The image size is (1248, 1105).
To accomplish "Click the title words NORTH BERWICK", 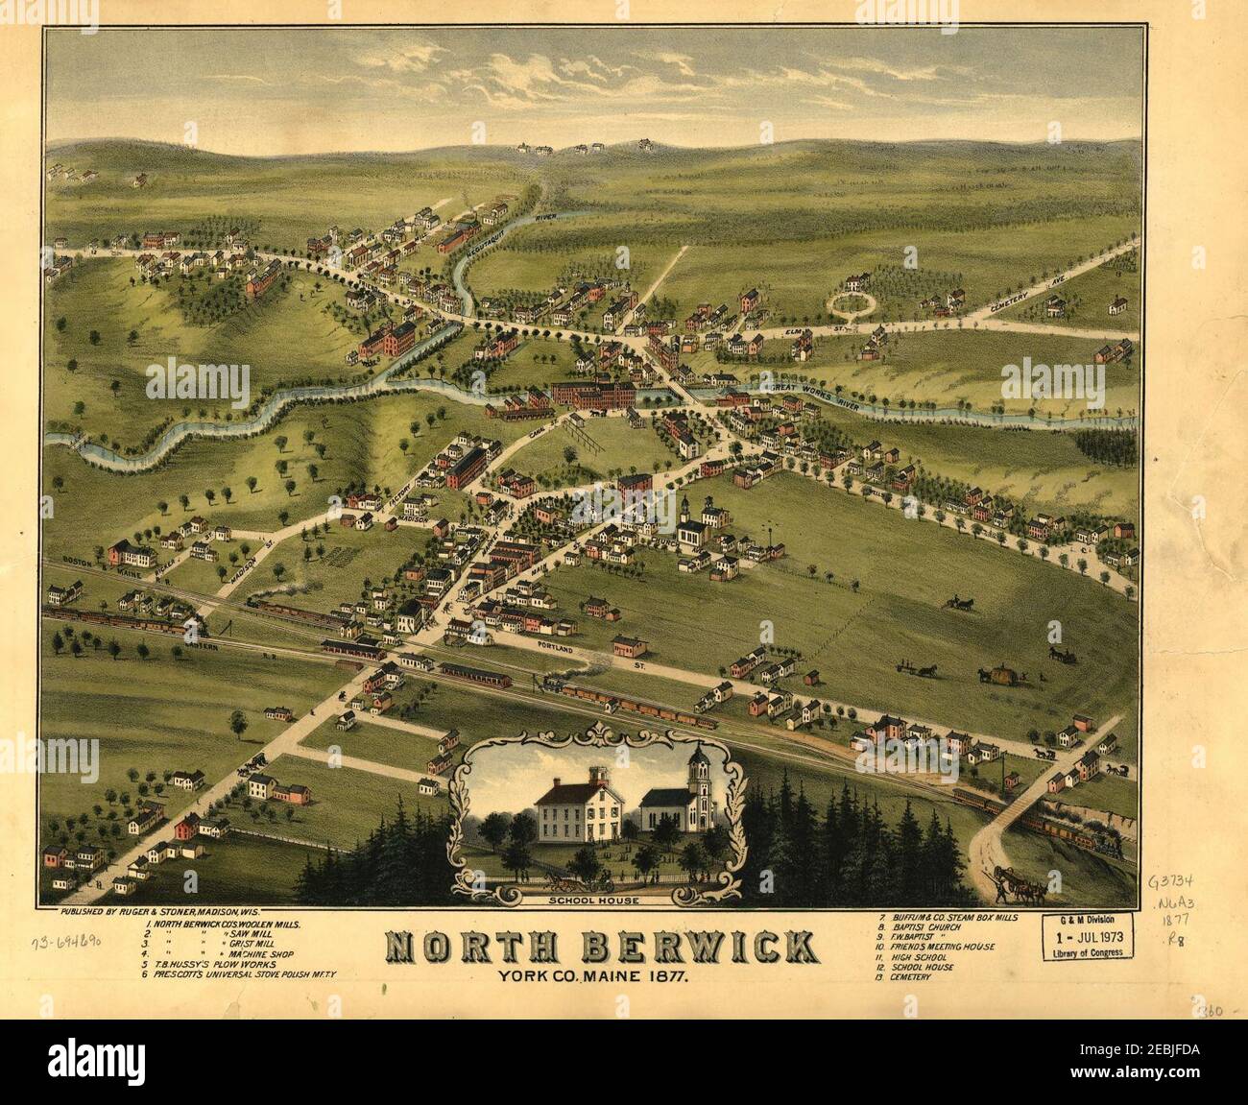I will point(603,947).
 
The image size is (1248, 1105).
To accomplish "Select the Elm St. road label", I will point(794,331).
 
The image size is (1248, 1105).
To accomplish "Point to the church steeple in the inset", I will point(698,768).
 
